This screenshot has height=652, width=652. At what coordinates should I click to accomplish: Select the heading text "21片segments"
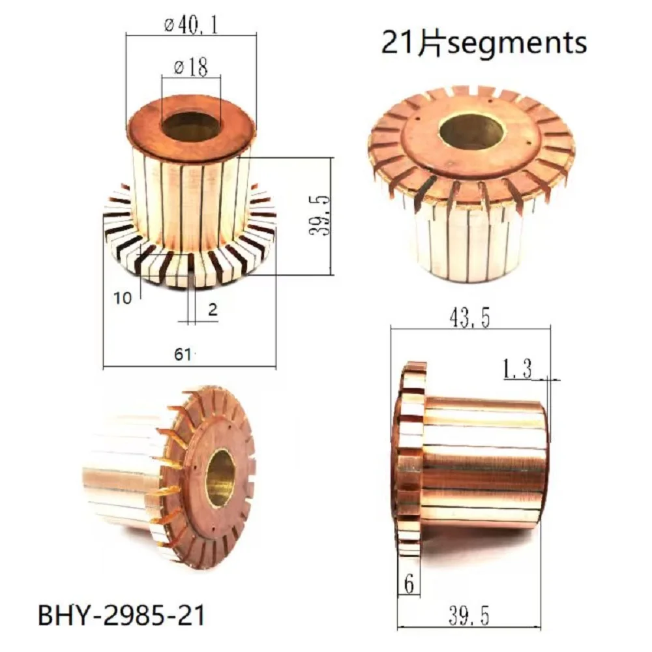pyautogui.click(x=483, y=43)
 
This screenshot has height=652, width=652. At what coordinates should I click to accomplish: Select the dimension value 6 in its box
pyautogui.click(x=409, y=584)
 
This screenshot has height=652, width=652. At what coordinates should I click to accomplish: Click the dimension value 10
pyautogui.click(x=122, y=297)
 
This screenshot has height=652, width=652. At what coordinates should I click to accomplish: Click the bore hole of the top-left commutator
pyautogui.click(x=191, y=127)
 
